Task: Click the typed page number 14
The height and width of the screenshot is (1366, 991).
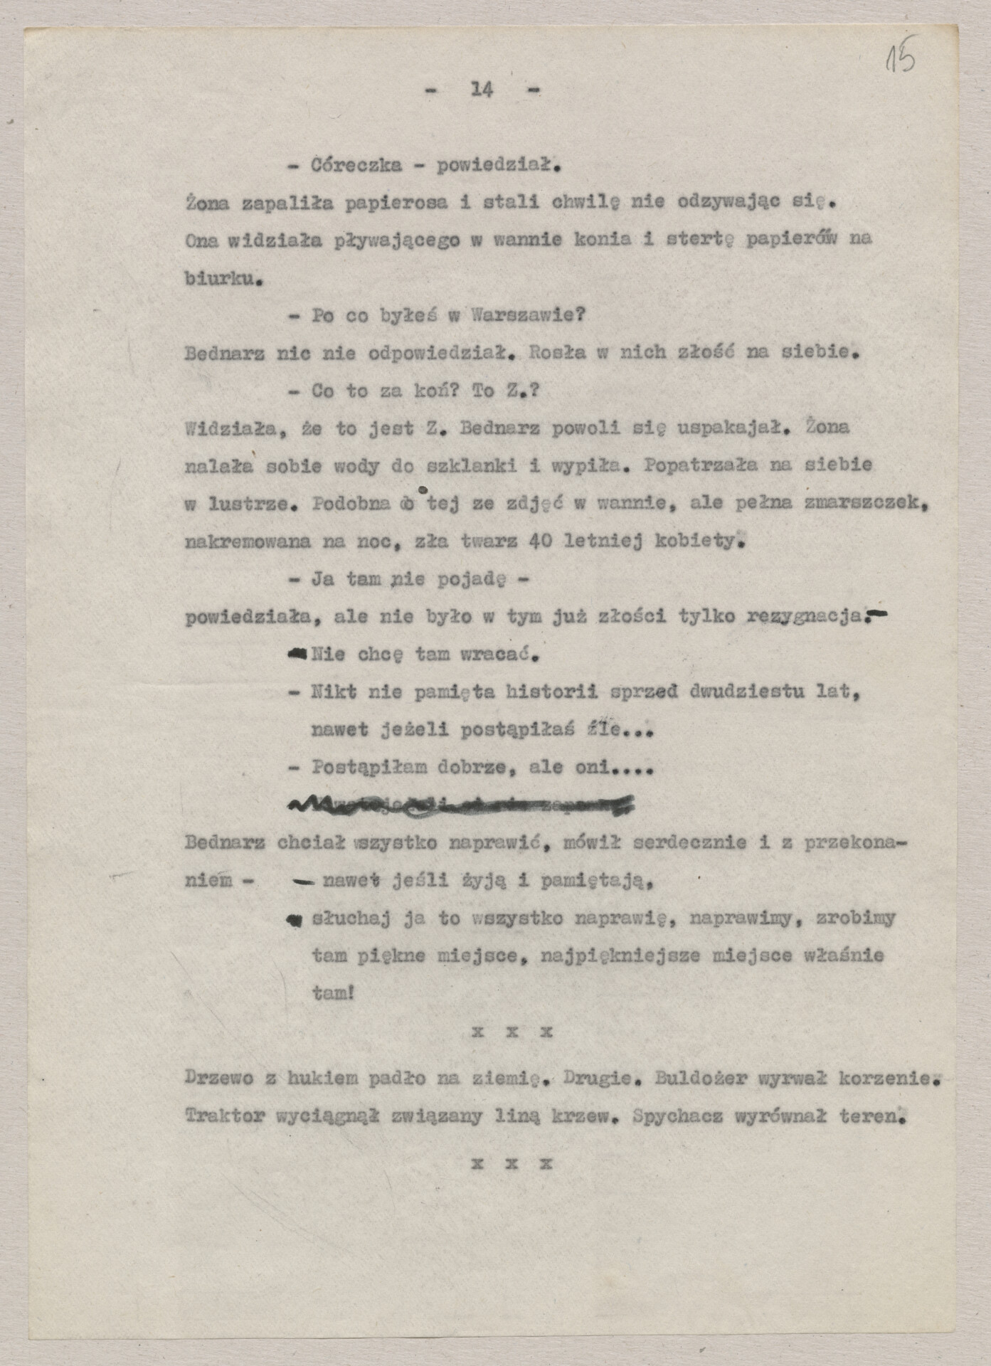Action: (x=482, y=90)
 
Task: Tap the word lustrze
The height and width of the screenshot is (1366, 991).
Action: (x=245, y=504)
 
